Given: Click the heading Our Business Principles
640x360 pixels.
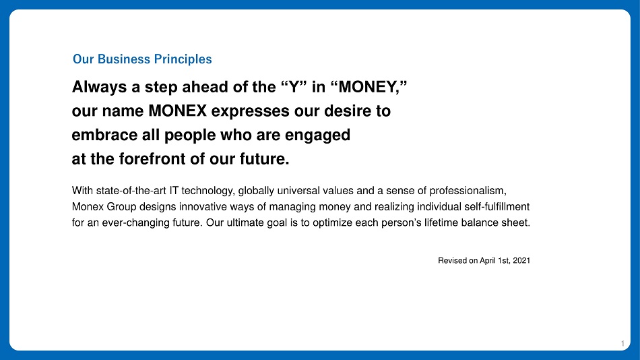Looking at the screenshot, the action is [x=142, y=59].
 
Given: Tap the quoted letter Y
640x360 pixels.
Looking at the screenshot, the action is [x=294, y=87].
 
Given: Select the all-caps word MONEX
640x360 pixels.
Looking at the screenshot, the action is [x=178, y=111].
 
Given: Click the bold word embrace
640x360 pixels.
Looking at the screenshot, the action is [x=104, y=135].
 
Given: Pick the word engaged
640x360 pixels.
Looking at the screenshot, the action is [x=317, y=136].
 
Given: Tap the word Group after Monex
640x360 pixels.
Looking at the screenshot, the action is [x=121, y=207].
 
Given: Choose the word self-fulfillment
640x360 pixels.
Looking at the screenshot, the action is [x=497, y=207].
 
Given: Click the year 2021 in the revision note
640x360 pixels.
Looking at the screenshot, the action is [x=521, y=261].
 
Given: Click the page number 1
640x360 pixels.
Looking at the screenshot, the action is [x=622, y=344].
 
